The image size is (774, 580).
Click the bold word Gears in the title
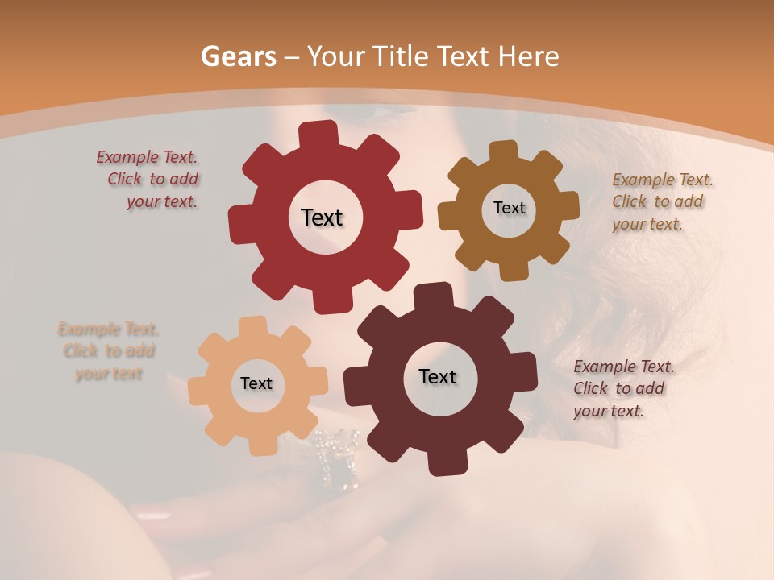(x=238, y=56)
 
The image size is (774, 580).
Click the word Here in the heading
(x=527, y=56)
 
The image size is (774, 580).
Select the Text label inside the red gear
(x=322, y=217)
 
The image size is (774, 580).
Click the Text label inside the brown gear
(x=509, y=208)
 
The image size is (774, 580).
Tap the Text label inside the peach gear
(x=256, y=383)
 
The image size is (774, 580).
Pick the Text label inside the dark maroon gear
(x=438, y=377)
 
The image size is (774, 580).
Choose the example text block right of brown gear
(x=661, y=201)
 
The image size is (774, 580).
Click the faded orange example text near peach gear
(x=109, y=351)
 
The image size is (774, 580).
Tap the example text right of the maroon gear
(x=622, y=388)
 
